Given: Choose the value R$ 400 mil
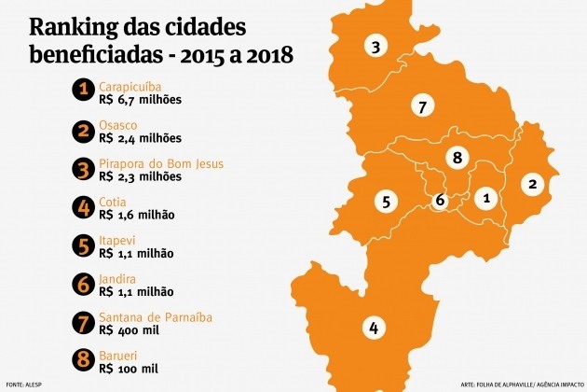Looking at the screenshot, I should (130, 330).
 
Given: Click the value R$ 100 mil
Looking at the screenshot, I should (130, 369).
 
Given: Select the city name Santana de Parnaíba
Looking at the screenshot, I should (155, 317).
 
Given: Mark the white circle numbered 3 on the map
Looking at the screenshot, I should (375, 47).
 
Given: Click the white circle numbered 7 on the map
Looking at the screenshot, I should (422, 107).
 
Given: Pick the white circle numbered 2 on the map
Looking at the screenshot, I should (533, 184).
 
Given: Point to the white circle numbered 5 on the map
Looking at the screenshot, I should (385, 200).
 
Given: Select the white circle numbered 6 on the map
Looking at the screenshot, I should (441, 200).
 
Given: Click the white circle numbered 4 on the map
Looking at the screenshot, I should (374, 328).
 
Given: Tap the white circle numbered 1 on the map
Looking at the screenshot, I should (485, 198).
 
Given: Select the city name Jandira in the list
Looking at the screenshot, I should (118, 279).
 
